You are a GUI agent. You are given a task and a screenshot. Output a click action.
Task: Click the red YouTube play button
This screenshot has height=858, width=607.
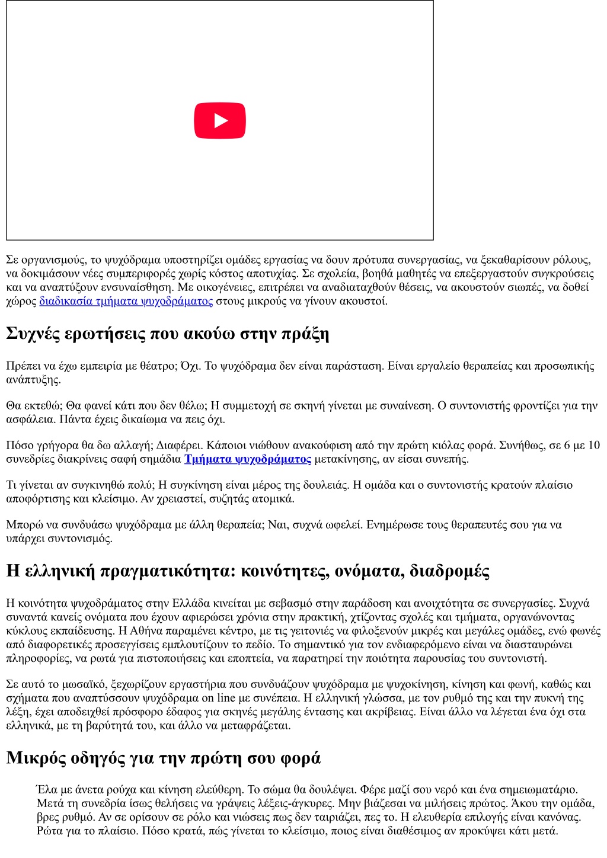(220, 121)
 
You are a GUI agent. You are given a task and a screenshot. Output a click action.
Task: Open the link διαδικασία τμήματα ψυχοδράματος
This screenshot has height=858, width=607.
(126, 301)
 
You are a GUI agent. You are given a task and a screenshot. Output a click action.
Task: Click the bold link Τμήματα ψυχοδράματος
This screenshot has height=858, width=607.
(247, 459)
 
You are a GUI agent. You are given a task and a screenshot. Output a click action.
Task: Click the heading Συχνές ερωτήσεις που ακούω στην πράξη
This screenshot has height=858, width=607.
(167, 334)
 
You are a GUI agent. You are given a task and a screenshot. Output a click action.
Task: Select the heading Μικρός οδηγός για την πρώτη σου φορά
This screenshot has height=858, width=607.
(163, 758)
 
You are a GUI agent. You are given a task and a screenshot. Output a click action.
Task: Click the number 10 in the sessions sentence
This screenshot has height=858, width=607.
(593, 446)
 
